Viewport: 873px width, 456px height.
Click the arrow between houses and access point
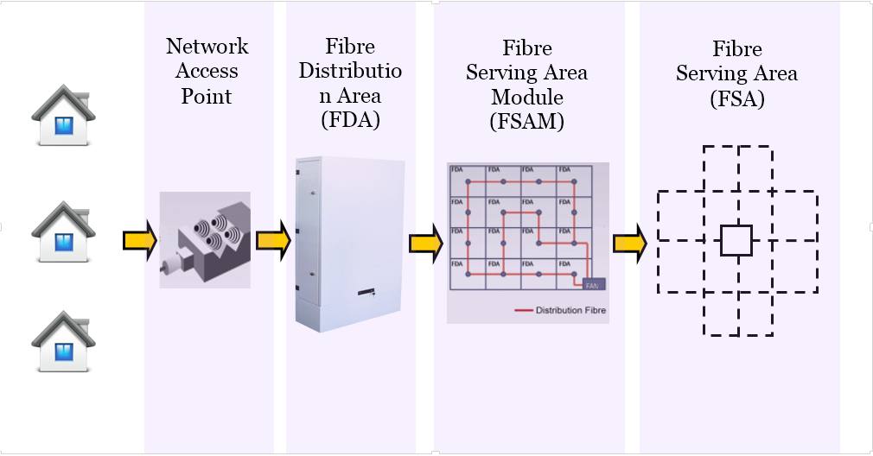[x=139, y=240]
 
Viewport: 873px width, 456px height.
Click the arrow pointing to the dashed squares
[x=630, y=244]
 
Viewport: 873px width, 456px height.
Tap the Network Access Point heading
[x=207, y=71]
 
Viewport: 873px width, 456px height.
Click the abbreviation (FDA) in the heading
[x=350, y=119]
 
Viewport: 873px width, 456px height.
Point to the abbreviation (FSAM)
[x=526, y=122]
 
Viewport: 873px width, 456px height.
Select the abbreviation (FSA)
[x=736, y=98]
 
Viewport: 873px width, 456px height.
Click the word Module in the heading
[x=526, y=97]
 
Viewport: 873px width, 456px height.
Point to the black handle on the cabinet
[x=367, y=294]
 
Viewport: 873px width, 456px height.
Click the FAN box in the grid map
[x=593, y=283]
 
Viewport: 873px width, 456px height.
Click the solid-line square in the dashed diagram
[x=736, y=241]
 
